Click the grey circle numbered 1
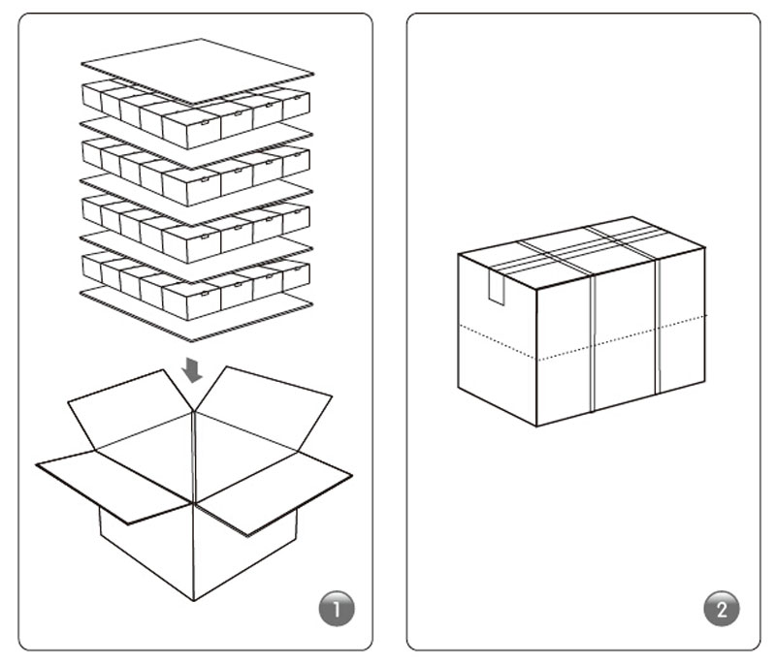(x=337, y=609)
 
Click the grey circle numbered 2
(x=722, y=609)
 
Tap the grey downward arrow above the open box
(x=191, y=370)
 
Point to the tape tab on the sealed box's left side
(x=497, y=287)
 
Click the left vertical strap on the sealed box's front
(x=593, y=343)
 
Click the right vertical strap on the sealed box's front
(x=658, y=327)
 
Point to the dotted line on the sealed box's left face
(x=498, y=342)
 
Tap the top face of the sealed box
(x=581, y=252)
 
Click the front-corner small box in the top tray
(x=190, y=129)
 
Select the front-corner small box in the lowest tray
(x=190, y=301)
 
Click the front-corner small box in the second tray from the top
(x=190, y=186)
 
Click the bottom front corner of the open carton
(x=193, y=601)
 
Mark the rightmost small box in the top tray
(x=296, y=103)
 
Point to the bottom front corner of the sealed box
(x=537, y=427)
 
